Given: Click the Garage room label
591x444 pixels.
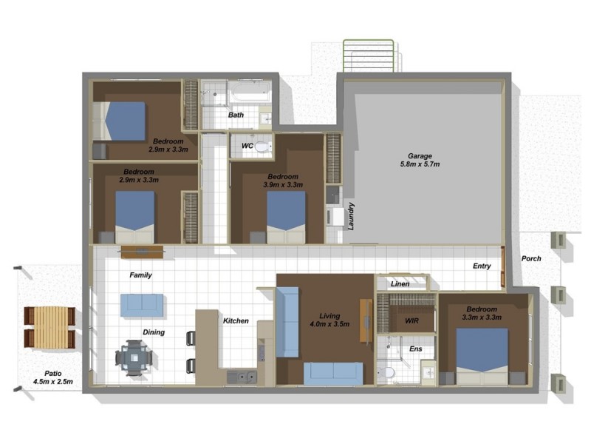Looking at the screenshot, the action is (420, 160).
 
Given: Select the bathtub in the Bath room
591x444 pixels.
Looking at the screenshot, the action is (249, 92).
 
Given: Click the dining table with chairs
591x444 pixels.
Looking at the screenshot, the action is (134, 357).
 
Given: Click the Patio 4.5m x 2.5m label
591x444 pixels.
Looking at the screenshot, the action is (53, 377).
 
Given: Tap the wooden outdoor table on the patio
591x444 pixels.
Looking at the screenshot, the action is (49, 327).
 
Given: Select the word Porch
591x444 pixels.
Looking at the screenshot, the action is (531, 258).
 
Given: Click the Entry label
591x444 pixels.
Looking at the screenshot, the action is (482, 266).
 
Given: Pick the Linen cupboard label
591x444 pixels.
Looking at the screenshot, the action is (400, 284).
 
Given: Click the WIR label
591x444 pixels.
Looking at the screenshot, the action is (411, 321).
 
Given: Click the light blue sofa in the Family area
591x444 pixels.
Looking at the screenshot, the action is (142, 305).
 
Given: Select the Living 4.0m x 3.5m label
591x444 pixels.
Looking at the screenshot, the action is (329, 320).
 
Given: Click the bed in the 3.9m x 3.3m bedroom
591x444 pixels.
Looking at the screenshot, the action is (286, 217).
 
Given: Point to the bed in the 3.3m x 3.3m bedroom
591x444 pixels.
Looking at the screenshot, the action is (482, 356).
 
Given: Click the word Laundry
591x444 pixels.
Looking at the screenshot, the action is (351, 216).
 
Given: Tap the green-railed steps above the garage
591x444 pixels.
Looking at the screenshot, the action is (368, 56).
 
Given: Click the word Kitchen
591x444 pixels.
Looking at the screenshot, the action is (236, 321).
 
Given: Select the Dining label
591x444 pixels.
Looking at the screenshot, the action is (154, 332).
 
